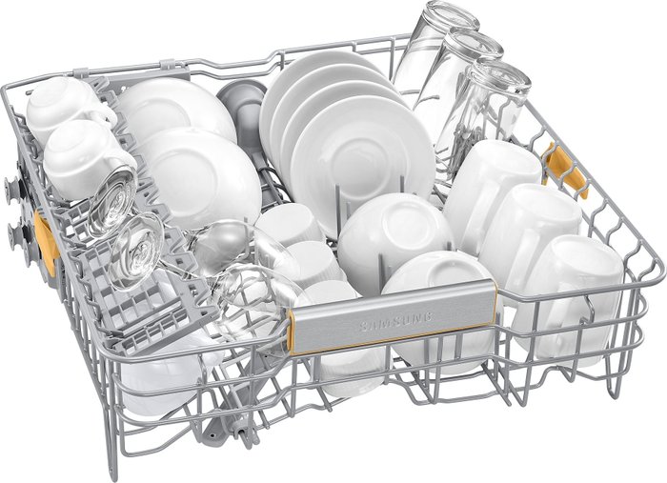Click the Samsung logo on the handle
pos(396,320)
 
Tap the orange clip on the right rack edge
pos(567,171)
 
